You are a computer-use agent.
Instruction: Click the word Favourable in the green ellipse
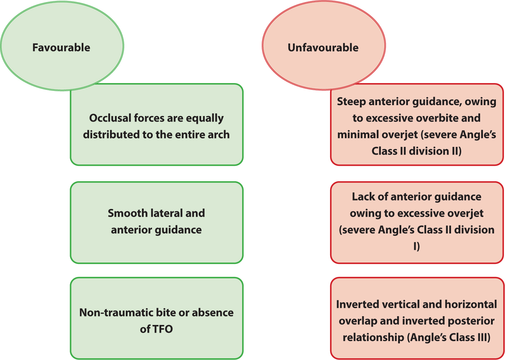[x=61, y=48]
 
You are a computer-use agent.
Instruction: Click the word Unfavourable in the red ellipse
[x=323, y=48]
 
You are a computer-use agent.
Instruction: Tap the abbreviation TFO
[x=163, y=329]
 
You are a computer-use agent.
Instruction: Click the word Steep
[x=351, y=102]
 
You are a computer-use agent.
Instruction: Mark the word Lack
[x=363, y=197]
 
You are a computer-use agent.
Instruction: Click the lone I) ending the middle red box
[x=417, y=246]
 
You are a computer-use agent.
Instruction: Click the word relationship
[x=373, y=338]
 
